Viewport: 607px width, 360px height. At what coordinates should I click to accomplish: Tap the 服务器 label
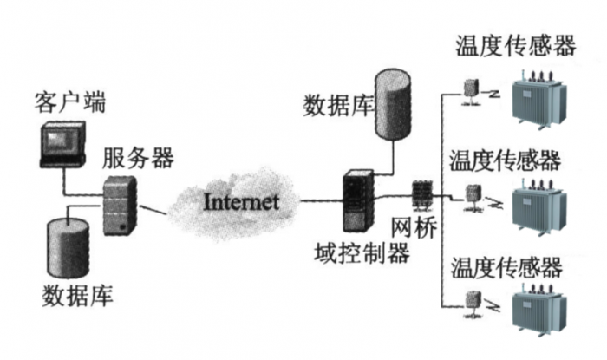coord(138,159)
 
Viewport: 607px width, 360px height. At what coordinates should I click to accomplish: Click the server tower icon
coord(120,204)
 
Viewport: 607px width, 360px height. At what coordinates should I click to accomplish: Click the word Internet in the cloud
coord(241,202)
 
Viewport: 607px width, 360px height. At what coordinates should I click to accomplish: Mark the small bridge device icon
coord(421,196)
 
